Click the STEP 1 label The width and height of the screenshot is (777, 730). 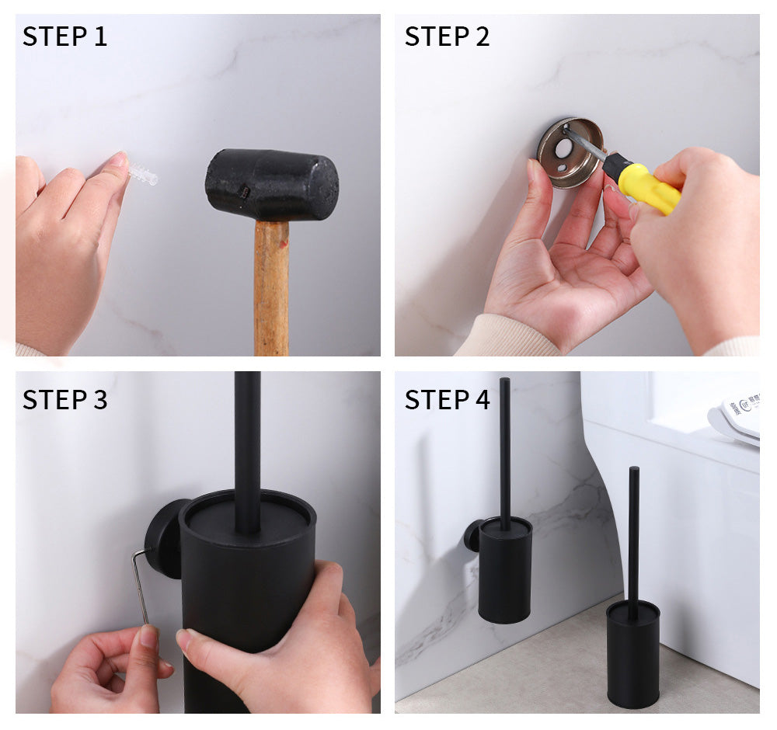(x=65, y=36)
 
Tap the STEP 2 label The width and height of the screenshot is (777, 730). (x=447, y=36)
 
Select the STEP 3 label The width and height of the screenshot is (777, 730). (x=65, y=400)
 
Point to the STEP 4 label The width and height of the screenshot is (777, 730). (x=447, y=400)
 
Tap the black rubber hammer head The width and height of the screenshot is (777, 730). (x=271, y=185)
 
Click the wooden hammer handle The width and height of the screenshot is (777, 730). (x=271, y=288)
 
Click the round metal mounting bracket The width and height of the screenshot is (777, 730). (x=570, y=152)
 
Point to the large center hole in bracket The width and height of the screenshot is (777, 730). (x=564, y=150)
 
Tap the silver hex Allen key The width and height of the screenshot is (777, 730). (x=141, y=585)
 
